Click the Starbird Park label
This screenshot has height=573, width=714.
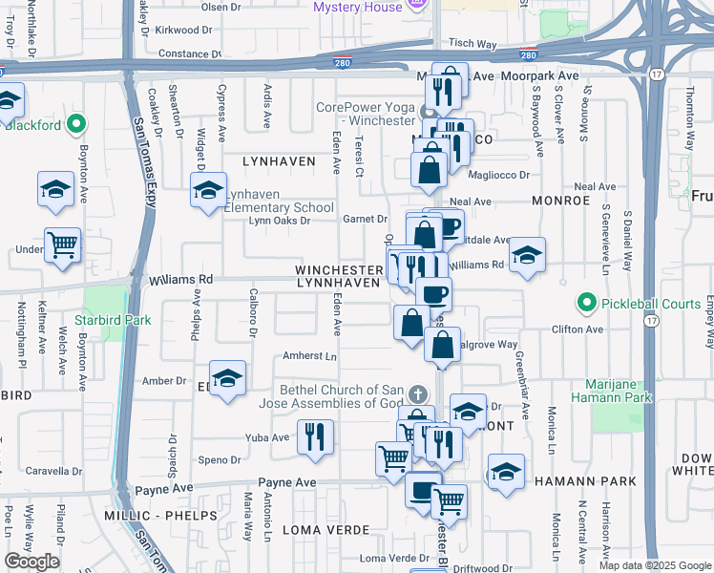[x=108, y=320]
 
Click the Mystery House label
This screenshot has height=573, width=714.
[x=358, y=7]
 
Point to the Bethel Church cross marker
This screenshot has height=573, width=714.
[x=417, y=393]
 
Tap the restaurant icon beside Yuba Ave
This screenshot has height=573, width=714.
[x=314, y=436]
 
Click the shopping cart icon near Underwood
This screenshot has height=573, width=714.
[x=63, y=245]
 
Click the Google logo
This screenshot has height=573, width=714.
[x=31, y=562]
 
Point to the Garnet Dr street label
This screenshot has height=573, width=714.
[x=365, y=220]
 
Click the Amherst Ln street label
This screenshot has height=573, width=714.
[x=310, y=356]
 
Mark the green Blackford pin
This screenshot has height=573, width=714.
[x=76, y=124]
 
